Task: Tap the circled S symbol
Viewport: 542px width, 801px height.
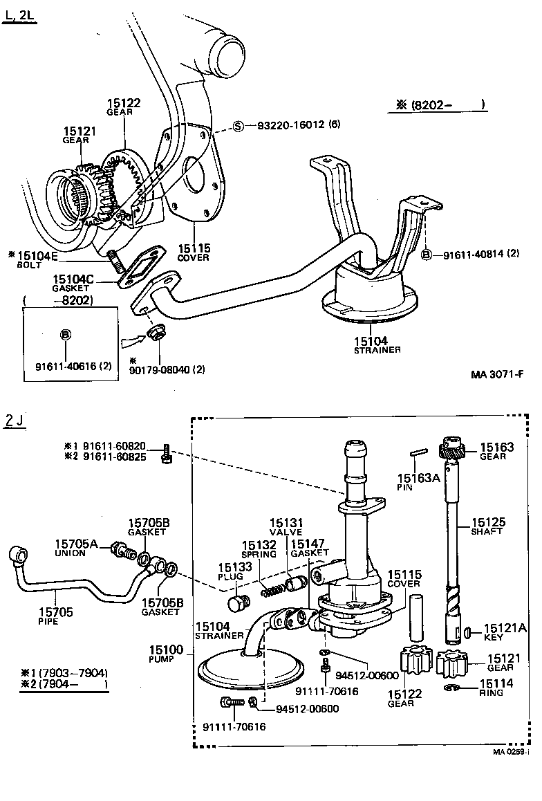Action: tap(238, 126)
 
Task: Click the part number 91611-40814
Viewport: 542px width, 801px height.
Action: tap(474, 254)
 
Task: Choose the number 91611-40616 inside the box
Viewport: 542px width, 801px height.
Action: tap(68, 365)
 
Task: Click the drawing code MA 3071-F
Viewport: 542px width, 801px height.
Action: tap(497, 375)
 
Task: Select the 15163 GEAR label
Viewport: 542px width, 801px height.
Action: tap(496, 451)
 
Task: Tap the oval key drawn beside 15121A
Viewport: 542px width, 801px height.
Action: tap(468, 631)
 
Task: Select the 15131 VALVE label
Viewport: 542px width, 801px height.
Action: tap(286, 527)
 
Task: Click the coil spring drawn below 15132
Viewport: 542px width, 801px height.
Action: tap(273, 590)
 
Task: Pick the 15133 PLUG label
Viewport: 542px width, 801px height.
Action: tap(230, 571)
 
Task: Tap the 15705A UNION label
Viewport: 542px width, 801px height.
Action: tap(80, 549)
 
